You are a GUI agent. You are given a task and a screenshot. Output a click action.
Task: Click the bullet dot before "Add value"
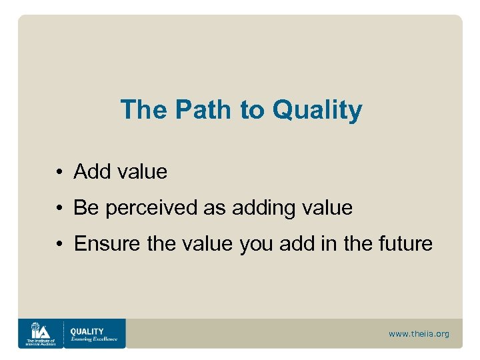59,173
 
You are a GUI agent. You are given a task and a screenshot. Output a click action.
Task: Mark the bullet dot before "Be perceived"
59,209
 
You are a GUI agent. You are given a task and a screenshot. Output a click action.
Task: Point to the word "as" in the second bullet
214,208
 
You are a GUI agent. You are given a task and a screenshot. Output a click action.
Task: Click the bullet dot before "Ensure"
59,245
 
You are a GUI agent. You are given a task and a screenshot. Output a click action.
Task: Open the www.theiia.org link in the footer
419,333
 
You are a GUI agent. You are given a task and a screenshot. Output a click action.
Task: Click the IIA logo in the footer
39,333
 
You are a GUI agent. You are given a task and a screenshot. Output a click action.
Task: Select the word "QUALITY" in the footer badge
87,331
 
